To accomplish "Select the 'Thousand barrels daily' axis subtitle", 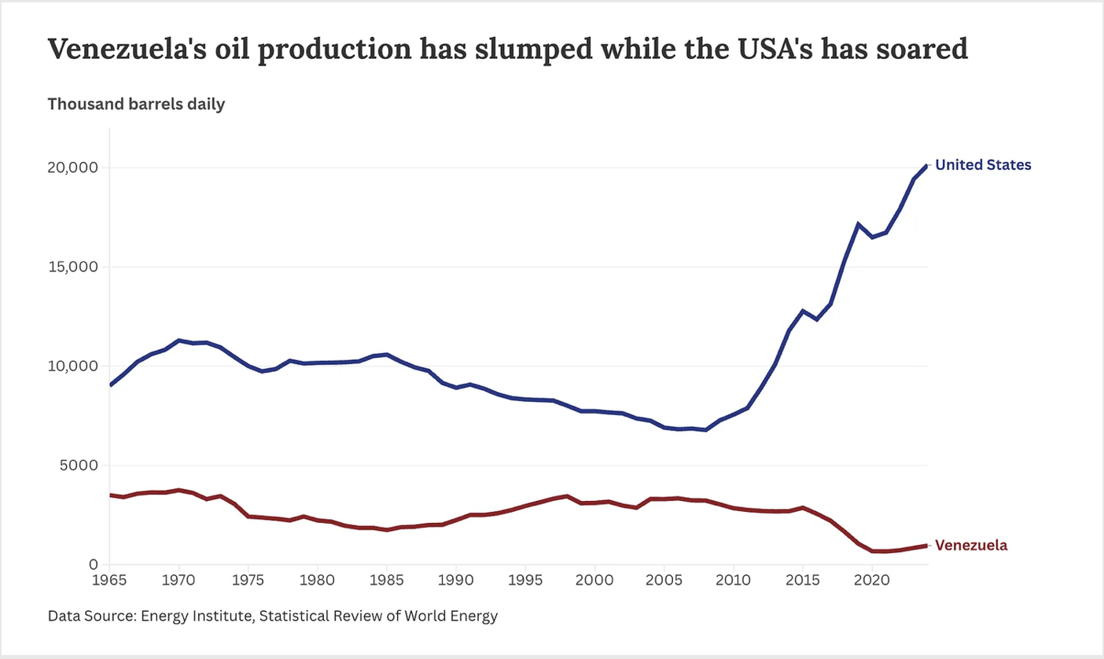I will (137, 105).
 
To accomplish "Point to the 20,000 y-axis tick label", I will (72, 168).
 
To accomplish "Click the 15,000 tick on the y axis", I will (72, 267).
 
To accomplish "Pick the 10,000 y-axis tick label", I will (72, 366).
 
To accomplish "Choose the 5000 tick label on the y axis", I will (77, 466).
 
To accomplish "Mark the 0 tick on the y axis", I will (93, 565).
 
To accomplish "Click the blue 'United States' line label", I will (983, 165).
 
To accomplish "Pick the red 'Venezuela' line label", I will (971, 545).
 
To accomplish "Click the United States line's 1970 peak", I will (179, 341).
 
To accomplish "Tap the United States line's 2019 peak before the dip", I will (858, 224).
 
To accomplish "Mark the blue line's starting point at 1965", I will (110, 385).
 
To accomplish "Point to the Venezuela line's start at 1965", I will (110, 495).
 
